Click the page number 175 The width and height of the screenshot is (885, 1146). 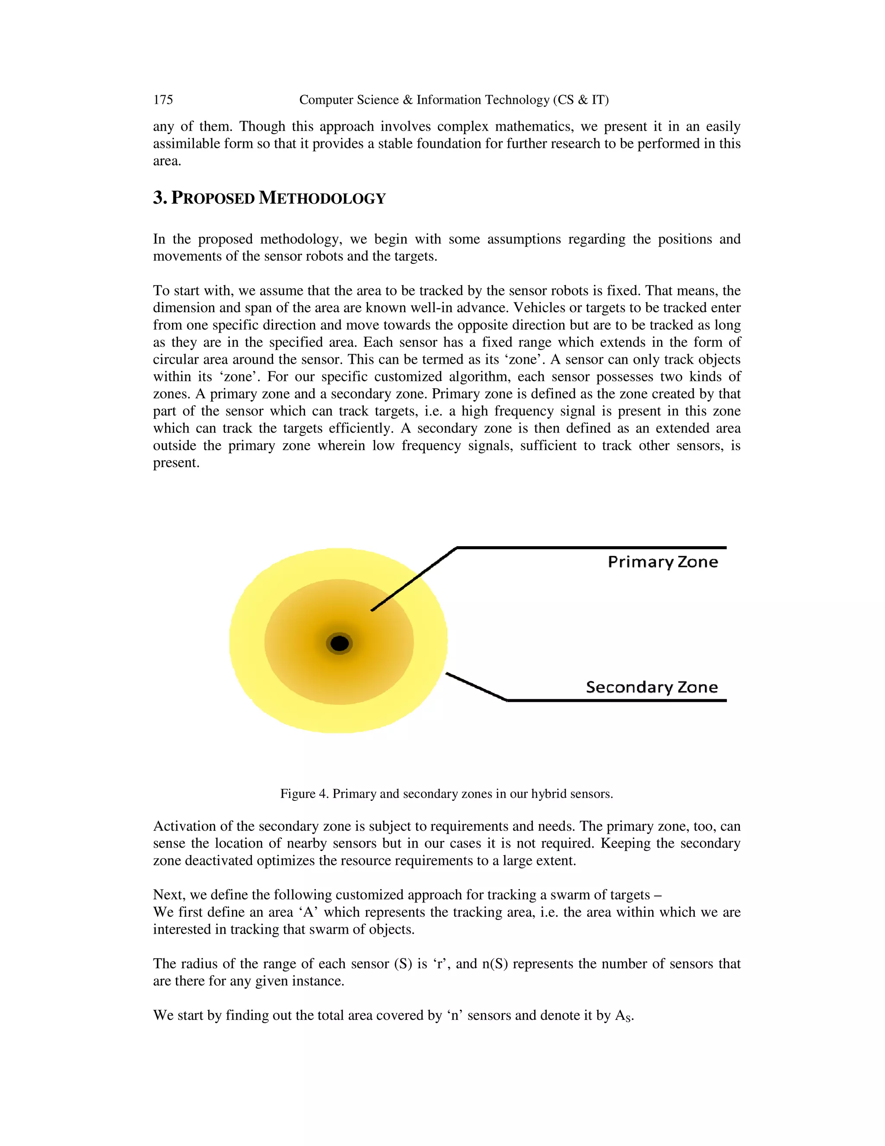pyautogui.click(x=163, y=100)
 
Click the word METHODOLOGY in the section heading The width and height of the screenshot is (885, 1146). pyautogui.click(x=322, y=198)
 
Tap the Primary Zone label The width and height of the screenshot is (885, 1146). pyautogui.click(x=663, y=562)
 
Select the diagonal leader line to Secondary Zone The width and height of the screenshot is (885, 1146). pyautogui.click(x=476, y=687)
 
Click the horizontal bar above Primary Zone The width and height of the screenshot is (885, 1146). pyautogui.click(x=592, y=548)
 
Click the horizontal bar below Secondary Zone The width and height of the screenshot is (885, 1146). pyautogui.click(x=617, y=701)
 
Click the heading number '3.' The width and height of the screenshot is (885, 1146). pyautogui.click(x=160, y=198)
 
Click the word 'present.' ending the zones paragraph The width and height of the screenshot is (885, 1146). pyautogui.click(x=176, y=463)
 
